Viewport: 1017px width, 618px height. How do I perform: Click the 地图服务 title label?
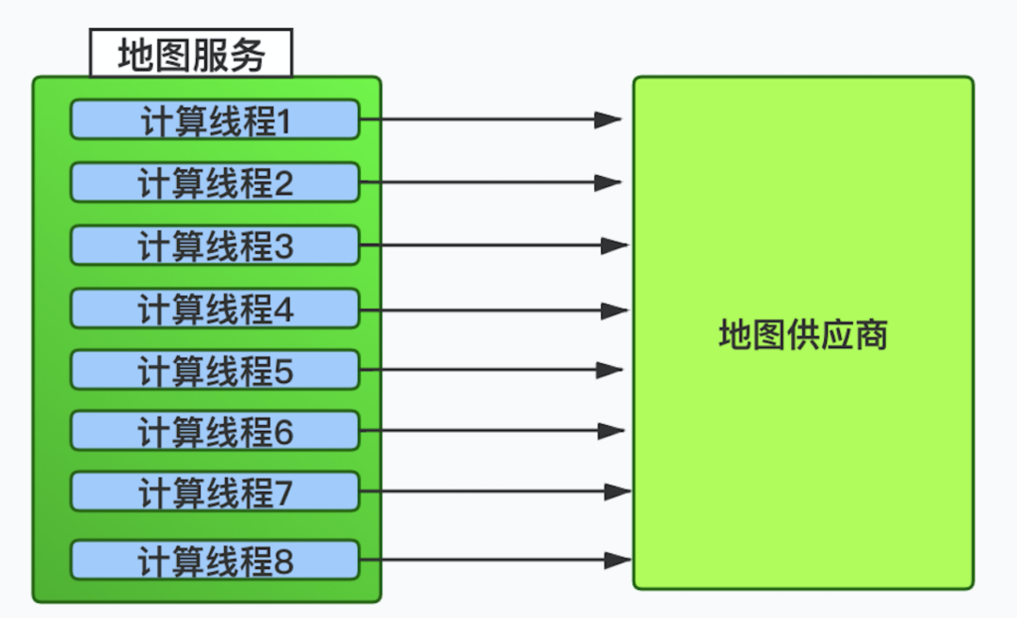pyautogui.click(x=191, y=55)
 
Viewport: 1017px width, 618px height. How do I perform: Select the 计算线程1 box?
pyautogui.click(x=215, y=120)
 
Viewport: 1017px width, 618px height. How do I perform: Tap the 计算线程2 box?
pyautogui.click(x=215, y=183)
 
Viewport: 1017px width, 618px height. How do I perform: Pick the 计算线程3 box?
pyautogui.click(x=215, y=246)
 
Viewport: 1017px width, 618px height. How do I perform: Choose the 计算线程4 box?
pyautogui.click(x=215, y=309)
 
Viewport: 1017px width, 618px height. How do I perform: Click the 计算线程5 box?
pyautogui.click(x=215, y=371)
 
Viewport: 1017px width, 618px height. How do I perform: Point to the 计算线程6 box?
pyautogui.click(x=215, y=432)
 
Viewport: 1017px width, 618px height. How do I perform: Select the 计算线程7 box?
pyautogui.click(x=215, y=493)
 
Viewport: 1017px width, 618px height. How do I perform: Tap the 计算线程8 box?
pyautogui.click(x=215, y=561)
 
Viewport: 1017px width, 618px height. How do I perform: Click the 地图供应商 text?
pyautogui.click(x=802, y=335)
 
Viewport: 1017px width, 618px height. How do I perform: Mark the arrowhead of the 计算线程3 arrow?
pyautogui.click(x=615, y=246)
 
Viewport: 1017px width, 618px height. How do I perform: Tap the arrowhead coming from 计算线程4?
pyautogui.click(x=615, y=309)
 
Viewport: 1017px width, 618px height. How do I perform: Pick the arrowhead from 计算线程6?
pyautogui.click(x=612, y=432)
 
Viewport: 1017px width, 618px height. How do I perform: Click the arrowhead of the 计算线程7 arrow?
pyautogui.click(x=617, y=491)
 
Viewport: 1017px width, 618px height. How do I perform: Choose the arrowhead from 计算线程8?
pyautogui.click(x=617, y=560)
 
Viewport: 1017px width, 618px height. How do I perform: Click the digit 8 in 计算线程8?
pyautogui.click(x=282, y=563)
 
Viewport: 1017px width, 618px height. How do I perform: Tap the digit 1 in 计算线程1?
pyautogui.click(x=282, y=122)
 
